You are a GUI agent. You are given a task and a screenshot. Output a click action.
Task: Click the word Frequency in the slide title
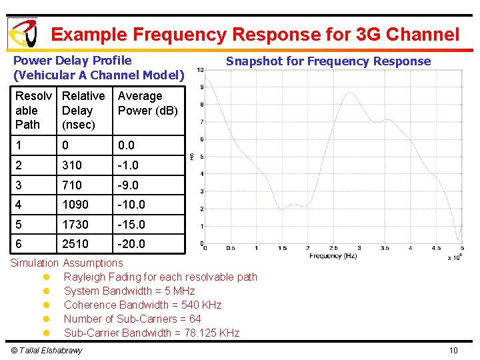(182, 34)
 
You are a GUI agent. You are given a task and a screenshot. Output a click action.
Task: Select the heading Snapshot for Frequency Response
(328, 61)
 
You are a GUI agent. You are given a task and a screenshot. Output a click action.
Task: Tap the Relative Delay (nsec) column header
(83, 110)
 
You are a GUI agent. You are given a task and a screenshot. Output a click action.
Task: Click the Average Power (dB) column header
(147, 103)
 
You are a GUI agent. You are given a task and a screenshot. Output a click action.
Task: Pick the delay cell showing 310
(72, 165)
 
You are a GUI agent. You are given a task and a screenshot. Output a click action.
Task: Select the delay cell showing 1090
(75, 205)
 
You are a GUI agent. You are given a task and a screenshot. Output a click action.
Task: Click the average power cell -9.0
(129, 185)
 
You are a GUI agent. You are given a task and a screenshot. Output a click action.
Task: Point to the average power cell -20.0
(131, 244)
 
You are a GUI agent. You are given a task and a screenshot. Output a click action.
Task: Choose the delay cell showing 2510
(75, 244)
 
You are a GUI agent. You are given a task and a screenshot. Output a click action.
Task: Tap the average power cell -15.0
(131, 225)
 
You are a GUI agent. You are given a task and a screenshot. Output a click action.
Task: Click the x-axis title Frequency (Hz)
(333, 256)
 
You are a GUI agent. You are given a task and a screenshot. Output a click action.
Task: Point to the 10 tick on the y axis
(200, 69)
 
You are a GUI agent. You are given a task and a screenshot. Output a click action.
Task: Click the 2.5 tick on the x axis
(333, 248)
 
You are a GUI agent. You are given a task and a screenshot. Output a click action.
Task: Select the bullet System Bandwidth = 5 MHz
(129, 291)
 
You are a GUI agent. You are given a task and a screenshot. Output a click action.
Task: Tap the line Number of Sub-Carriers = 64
(132, 319)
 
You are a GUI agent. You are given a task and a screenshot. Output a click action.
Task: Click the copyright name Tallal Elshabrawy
(47, 351)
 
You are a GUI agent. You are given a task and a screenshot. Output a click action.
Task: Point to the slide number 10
(453, 351)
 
